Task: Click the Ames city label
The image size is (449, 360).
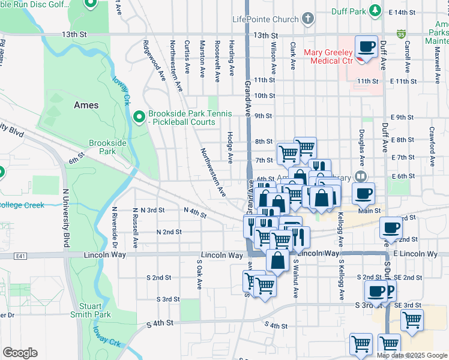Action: (86, 105)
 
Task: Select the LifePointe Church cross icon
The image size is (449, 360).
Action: (308, 19)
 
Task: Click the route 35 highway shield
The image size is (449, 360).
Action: (400, 34)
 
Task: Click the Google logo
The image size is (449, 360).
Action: (20, 353)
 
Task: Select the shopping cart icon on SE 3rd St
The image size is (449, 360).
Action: (411, 321)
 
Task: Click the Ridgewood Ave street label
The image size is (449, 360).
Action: (154, 61)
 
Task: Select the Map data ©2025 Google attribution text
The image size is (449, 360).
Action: (412, 355)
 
